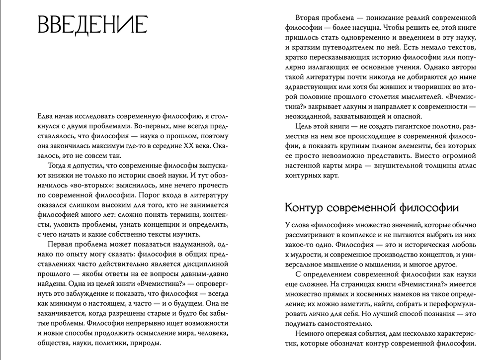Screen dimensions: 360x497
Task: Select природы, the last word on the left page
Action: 147,343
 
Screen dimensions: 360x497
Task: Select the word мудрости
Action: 311,256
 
